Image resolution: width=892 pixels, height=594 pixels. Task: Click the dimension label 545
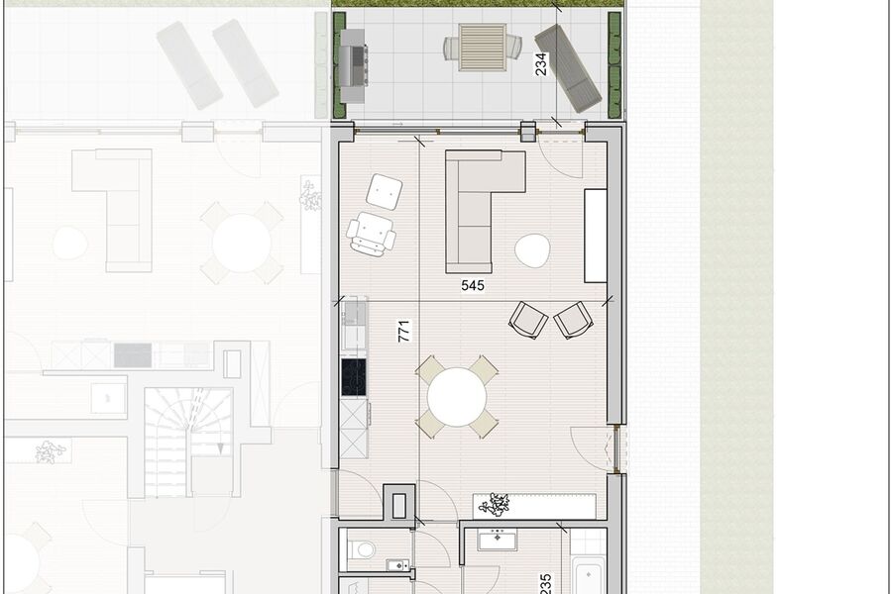(473, 286)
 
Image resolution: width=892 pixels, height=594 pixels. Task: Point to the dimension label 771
(403, 331)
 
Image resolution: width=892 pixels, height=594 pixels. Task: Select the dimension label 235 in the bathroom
(545, 582)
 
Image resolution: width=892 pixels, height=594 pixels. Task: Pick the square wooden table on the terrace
(483, 47)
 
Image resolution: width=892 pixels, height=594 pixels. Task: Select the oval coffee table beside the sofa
(533, 249)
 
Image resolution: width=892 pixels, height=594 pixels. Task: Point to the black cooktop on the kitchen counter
(354, 376)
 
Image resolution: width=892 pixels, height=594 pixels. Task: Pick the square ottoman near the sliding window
(384, 191)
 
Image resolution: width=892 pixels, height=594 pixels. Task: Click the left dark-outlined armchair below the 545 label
(528, 320)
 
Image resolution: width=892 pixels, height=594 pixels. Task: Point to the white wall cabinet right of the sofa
(595, 235)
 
